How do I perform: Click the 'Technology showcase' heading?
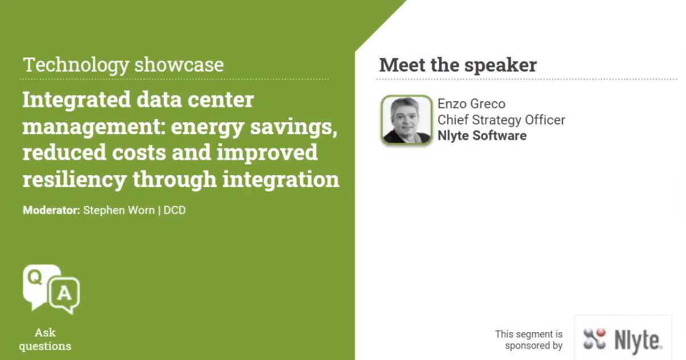click(123, 64)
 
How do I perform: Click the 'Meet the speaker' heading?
click(458, 65)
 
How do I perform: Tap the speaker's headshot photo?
click(406, 120)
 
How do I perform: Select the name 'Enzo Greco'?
click(471, 104)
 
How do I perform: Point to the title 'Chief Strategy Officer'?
click(501, 119)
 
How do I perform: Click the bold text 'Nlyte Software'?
click(482, 135)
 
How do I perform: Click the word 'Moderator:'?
click(51, 210)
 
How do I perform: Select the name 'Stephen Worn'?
click(119, 210)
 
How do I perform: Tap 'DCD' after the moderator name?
click(175, 210)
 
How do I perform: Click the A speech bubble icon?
click(64, 294)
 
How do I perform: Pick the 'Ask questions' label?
click(45, 339)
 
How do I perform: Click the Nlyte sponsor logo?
click(622, 340)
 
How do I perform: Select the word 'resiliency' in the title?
click(74, 179)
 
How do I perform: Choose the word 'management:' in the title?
click(93, 126)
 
